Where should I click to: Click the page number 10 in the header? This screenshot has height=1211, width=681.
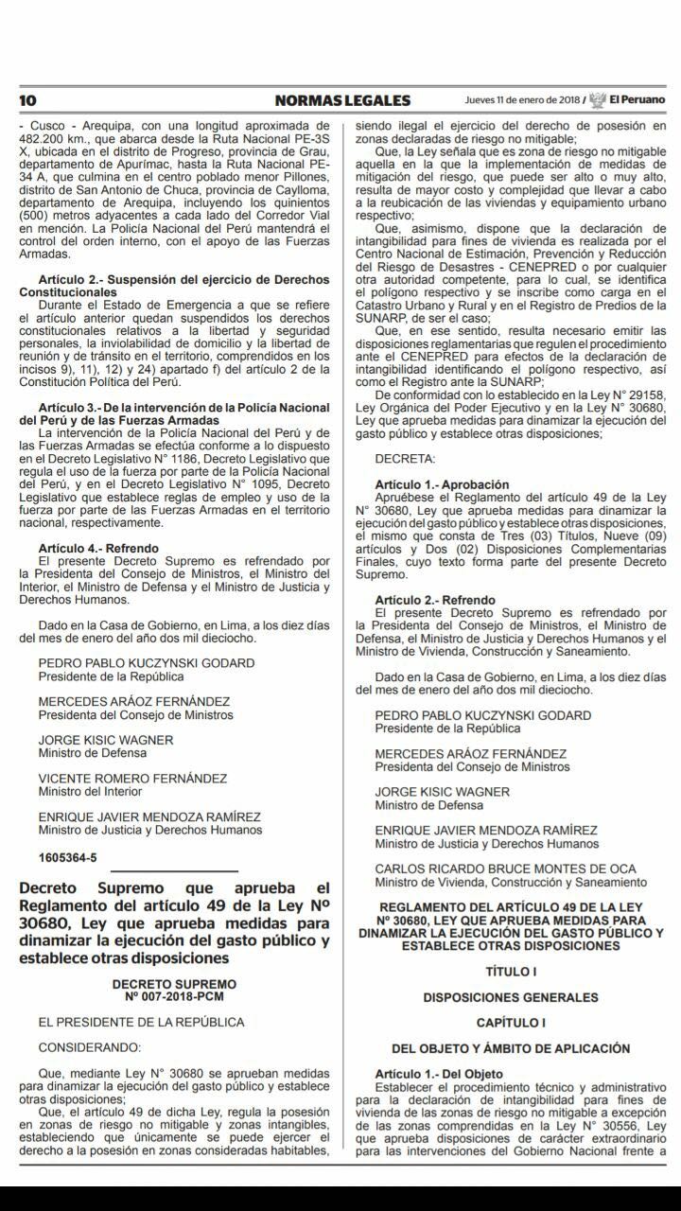tap(26, 100)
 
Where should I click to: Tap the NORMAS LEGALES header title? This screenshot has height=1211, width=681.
tap(342, 100)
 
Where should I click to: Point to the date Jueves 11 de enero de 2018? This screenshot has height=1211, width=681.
tap(522, 100)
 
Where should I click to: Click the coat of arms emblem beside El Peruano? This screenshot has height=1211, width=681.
tap(597, 100)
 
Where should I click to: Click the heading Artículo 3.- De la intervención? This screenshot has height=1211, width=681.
tap(183, 407)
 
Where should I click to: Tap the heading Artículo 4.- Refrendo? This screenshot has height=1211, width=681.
tap(98, 548)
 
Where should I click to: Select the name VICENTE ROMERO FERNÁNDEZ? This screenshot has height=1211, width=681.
tap(132, 778)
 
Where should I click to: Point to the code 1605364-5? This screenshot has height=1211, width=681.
tap(67, 858)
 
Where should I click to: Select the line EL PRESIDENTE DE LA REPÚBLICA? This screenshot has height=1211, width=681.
tap(141, 1022)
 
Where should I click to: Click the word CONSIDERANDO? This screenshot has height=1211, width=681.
tap(90, 1047)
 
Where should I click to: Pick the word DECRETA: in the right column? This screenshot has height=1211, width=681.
tap(406, 458)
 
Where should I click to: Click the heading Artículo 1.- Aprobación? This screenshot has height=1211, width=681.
tap(442, 484)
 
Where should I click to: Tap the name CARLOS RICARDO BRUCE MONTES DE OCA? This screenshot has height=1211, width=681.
tap(505, 869)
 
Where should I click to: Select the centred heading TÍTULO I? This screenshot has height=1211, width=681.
tap(511, 972)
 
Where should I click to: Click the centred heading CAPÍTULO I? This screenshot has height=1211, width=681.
tap(511, 1023)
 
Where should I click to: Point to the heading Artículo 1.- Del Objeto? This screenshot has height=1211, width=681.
tap(439, 1074)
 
